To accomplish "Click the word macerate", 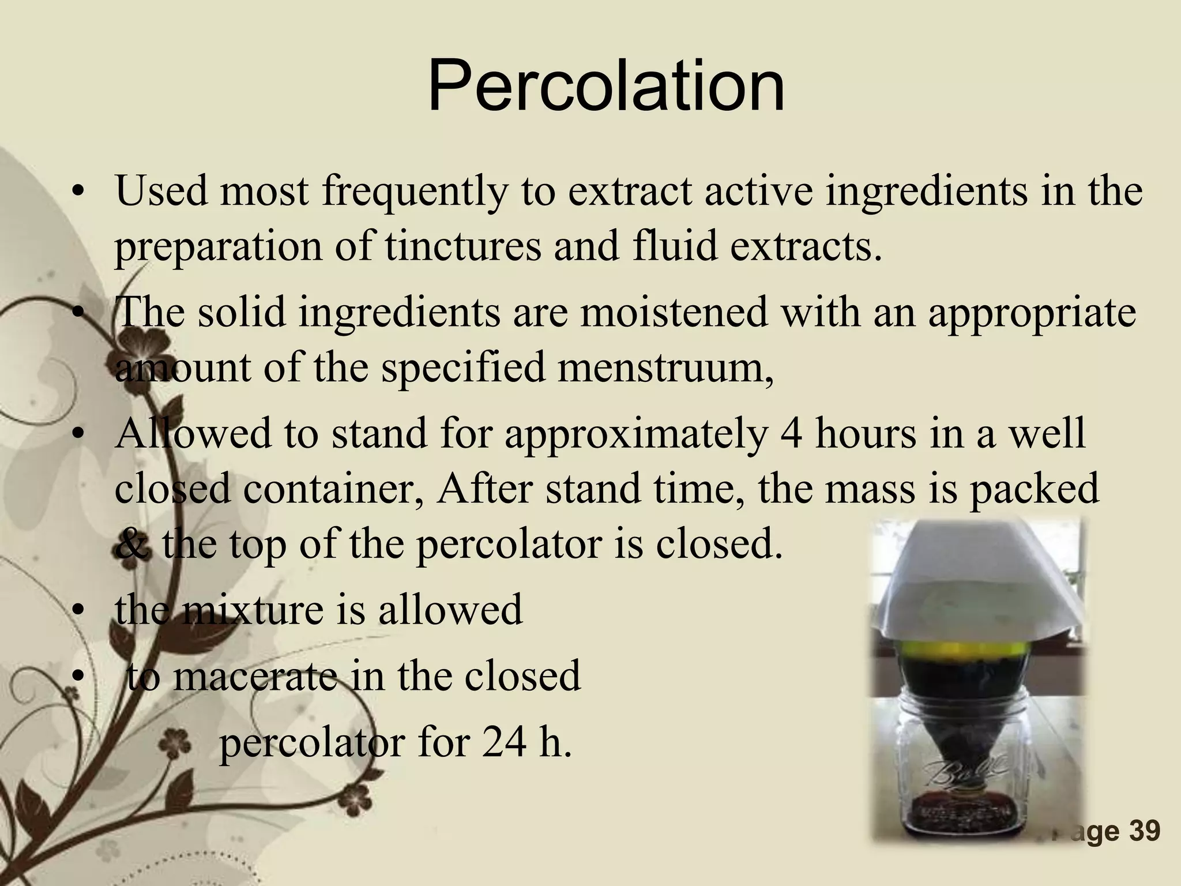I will (254, 677).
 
